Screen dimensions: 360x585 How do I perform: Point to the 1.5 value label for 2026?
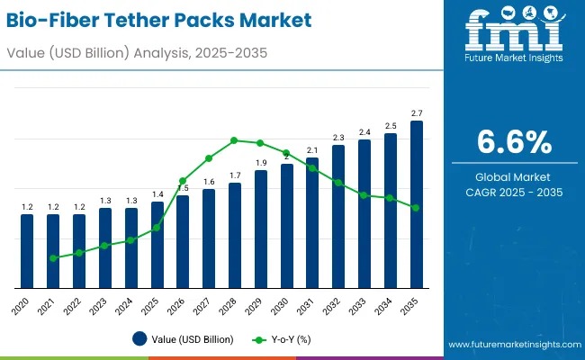point(183,187)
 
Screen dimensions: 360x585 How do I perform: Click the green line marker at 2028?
point(234,140)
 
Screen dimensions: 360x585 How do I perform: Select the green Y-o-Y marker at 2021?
point(53,258)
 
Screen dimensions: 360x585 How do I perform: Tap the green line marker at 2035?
point(416,208)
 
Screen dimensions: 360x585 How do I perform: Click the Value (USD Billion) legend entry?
point(184,339)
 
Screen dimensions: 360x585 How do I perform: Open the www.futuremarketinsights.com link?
point(511,345)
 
